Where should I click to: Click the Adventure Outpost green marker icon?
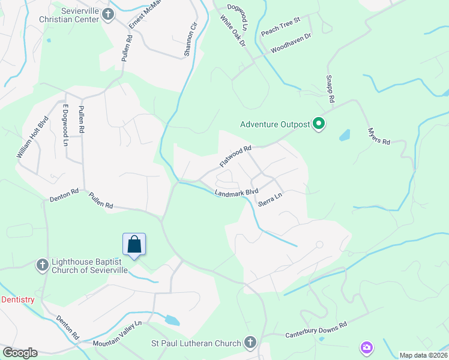(319, 125)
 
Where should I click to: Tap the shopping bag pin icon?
(134, 245)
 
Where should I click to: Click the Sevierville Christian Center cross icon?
(108, 14)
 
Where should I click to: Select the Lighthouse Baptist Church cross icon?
(42, 265)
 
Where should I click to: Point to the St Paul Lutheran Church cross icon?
(250, 343)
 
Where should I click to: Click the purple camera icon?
(366, 347)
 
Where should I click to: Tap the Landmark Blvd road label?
(236, 193)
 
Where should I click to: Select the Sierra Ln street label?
(270, 200)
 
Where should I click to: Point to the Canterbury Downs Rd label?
(316, 329)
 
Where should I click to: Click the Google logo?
(20, 353)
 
